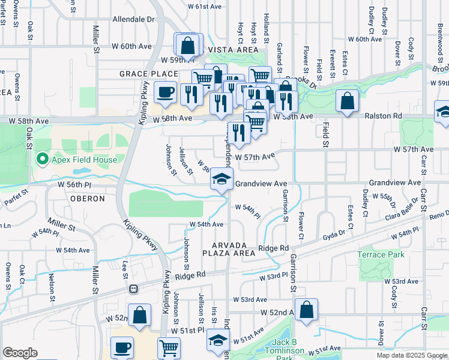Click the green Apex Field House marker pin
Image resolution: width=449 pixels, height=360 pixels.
41,159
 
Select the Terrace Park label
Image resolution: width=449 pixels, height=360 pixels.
381,254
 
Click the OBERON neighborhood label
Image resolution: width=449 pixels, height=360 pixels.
87,199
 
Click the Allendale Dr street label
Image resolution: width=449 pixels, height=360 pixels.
133,19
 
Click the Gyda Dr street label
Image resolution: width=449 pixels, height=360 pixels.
334,234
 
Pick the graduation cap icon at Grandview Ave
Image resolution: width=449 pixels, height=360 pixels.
221,178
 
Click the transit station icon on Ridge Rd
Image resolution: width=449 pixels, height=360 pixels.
134,289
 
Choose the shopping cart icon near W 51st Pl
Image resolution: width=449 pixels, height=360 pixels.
169,348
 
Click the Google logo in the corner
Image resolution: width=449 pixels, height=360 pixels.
20,353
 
